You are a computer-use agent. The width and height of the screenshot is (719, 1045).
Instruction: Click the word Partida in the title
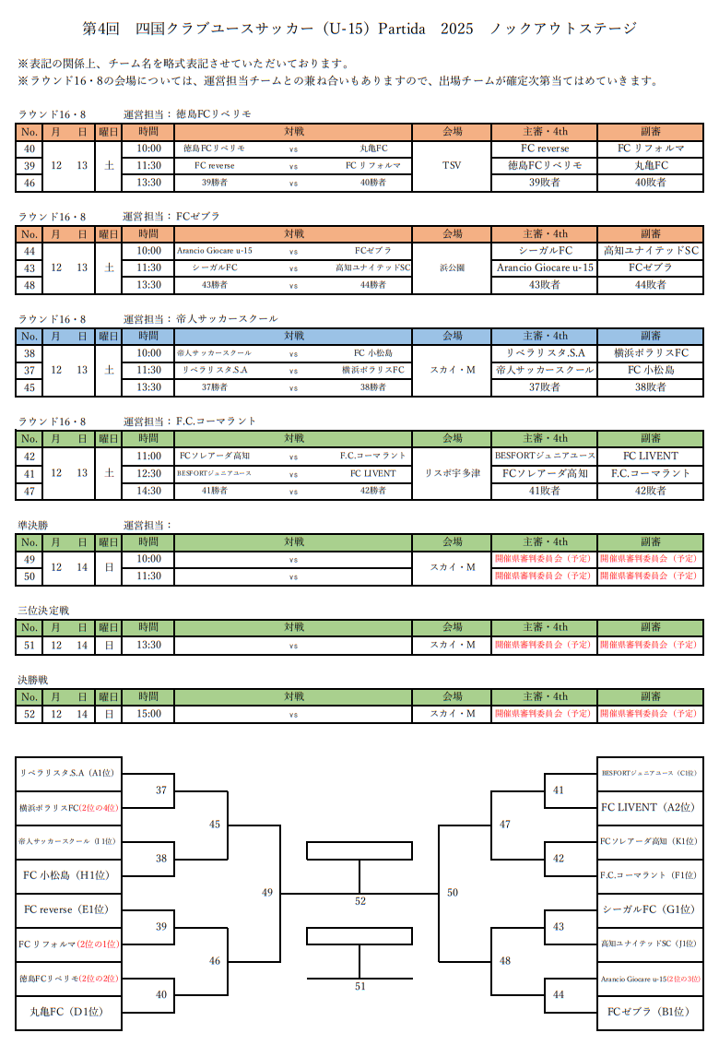(x=400, y=29)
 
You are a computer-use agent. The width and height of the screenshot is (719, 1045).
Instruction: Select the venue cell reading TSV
(x=453, y=165)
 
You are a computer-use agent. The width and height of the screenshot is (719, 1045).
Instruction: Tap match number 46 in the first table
(x=29, y=183)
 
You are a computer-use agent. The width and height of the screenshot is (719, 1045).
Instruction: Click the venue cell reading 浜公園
(x=453, y=267)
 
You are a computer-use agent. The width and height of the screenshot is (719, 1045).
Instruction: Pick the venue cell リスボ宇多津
(x=453, y=473)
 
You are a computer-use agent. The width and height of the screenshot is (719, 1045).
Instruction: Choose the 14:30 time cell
(x=148, y=491)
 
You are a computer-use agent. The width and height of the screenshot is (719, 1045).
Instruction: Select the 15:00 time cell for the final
(x=148, y=713)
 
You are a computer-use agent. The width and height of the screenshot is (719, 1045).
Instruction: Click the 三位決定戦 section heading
(x=43, y=611)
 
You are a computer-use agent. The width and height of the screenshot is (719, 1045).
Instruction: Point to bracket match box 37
(x=161, y=790)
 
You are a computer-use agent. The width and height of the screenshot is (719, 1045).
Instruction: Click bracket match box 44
(x=558, y=994)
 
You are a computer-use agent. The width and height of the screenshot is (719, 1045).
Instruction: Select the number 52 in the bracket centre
(x=360, y=900)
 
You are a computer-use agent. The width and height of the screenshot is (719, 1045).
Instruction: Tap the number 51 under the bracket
(x=360, y=986)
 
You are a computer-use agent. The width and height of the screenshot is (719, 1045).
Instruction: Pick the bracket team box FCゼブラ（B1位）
(x=649, y=1012)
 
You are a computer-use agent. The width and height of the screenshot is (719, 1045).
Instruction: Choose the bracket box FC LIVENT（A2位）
(x=649, y=807)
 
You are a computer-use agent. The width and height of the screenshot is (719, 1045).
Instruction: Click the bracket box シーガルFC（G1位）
(x=649, y=909)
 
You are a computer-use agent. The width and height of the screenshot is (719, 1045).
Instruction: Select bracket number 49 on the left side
(x=267, y=892)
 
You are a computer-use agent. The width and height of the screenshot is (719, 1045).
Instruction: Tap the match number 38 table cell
(x=29, y=353)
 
